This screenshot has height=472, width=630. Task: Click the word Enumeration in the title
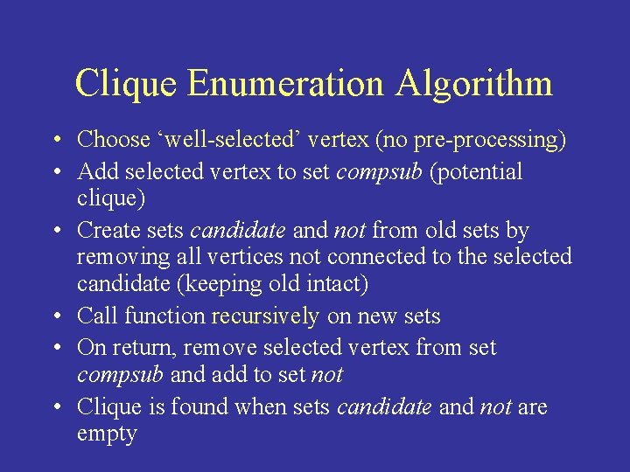tap(286, 84)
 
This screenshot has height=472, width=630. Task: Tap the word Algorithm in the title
tap(475, 84)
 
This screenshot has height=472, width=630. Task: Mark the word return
tap(144, 347)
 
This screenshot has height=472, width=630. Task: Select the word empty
tap(107, 434)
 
